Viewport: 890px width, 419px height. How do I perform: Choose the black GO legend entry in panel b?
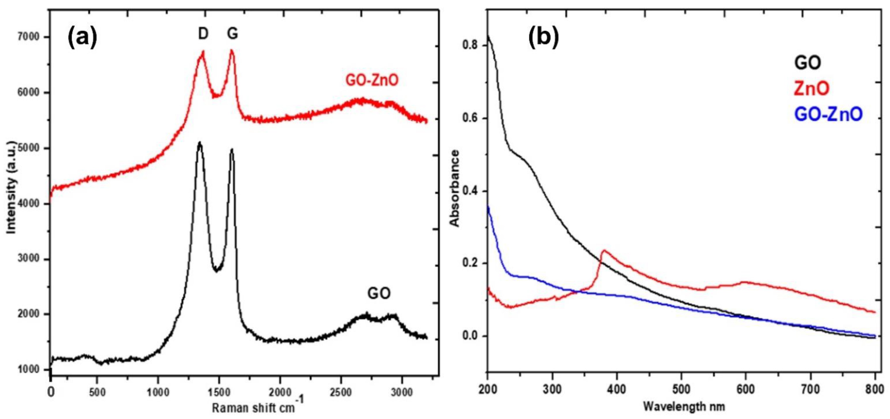(x=808, y=63)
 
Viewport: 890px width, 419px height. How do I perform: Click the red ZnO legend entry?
(x=811, y=89)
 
